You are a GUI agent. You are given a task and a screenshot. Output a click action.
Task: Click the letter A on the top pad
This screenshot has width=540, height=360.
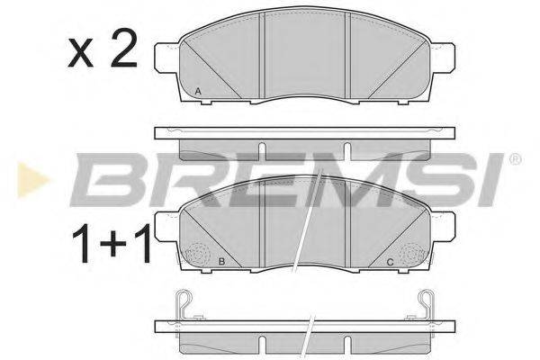(198, 91)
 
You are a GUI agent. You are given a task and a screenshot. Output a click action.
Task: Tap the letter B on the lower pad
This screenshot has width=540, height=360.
(220, 263)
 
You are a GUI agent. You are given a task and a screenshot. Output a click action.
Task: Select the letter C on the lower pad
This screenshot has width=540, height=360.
(389, 263)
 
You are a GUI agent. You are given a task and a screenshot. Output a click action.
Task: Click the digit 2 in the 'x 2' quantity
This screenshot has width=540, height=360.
(122, 53)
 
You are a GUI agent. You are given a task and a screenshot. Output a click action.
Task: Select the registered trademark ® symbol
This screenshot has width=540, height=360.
(514, 161)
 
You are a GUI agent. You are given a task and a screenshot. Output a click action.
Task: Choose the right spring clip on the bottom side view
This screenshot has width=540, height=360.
(428, 303)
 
